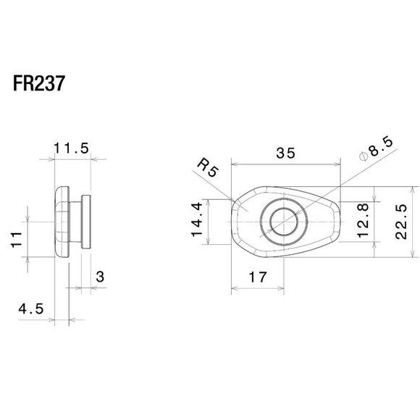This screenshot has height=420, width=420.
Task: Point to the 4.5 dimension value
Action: [x=31, y=308]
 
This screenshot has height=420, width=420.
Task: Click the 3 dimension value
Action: [x=99, y=277]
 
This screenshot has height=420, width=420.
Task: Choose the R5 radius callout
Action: [x=208, y=172]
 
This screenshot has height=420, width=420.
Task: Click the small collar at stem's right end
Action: [x=86, y=221]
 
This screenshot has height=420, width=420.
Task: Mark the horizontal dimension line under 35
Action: [x=285, y=164]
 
